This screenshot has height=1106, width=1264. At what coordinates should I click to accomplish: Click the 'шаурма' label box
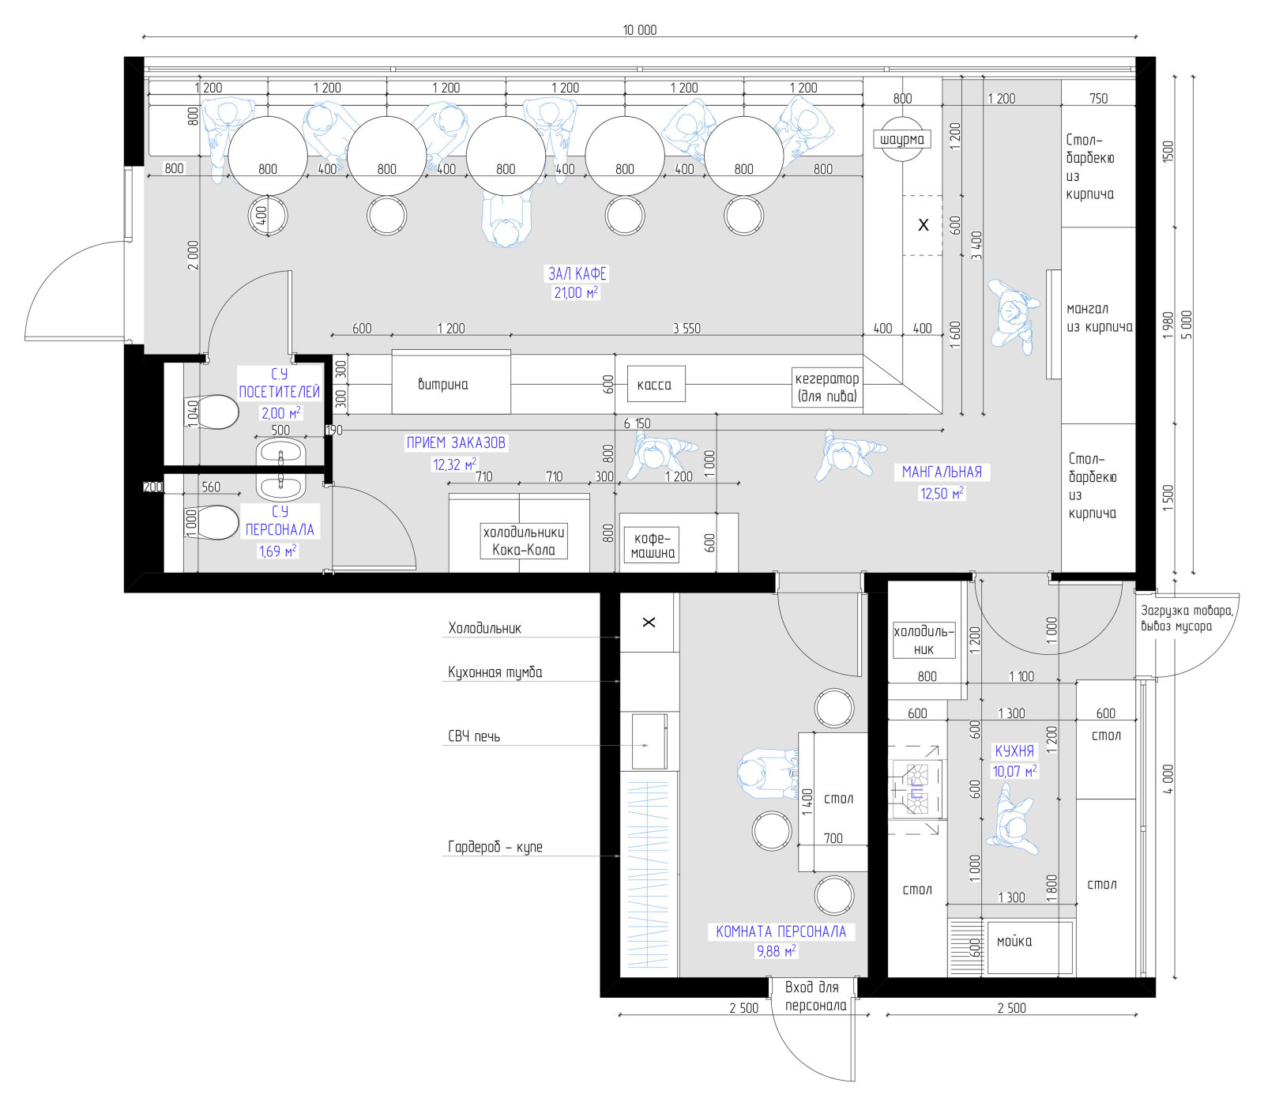(x=902, y=139)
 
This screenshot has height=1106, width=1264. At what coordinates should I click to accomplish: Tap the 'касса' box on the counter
(x=656, y=385)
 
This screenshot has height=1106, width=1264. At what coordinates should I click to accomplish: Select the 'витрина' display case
(x=451, y=382)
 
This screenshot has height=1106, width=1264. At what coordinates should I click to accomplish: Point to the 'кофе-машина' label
(x=653, y=545)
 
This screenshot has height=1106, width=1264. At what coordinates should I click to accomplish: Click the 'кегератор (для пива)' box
(x=827, y=387)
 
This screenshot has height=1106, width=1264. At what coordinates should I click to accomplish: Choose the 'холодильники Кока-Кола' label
(x=524, y=541)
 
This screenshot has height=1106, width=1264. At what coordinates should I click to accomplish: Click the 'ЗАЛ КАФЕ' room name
(x=577, y=273)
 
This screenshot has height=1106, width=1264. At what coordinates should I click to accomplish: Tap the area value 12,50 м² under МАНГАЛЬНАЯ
(x=942, y=494)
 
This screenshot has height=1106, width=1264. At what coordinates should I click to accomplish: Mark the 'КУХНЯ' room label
(x=1014, y=750)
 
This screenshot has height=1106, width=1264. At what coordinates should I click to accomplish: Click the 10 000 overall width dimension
(x=640, y=30)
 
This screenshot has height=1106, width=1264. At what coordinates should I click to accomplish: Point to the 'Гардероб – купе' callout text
(x=495, y=847)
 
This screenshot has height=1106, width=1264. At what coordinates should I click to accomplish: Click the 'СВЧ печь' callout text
(x=474, y=736)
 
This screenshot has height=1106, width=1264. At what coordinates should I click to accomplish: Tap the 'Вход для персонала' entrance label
(x=815, y=996)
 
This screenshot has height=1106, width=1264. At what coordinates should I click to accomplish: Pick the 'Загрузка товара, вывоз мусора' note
(x=1187, y=618)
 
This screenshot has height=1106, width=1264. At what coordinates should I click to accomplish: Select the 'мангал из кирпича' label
(x=1099, y=318)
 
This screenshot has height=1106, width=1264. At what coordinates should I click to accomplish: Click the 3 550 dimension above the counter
(x=687, y=328)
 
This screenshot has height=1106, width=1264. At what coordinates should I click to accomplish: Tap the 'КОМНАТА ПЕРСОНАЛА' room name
(x=781, y=931)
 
